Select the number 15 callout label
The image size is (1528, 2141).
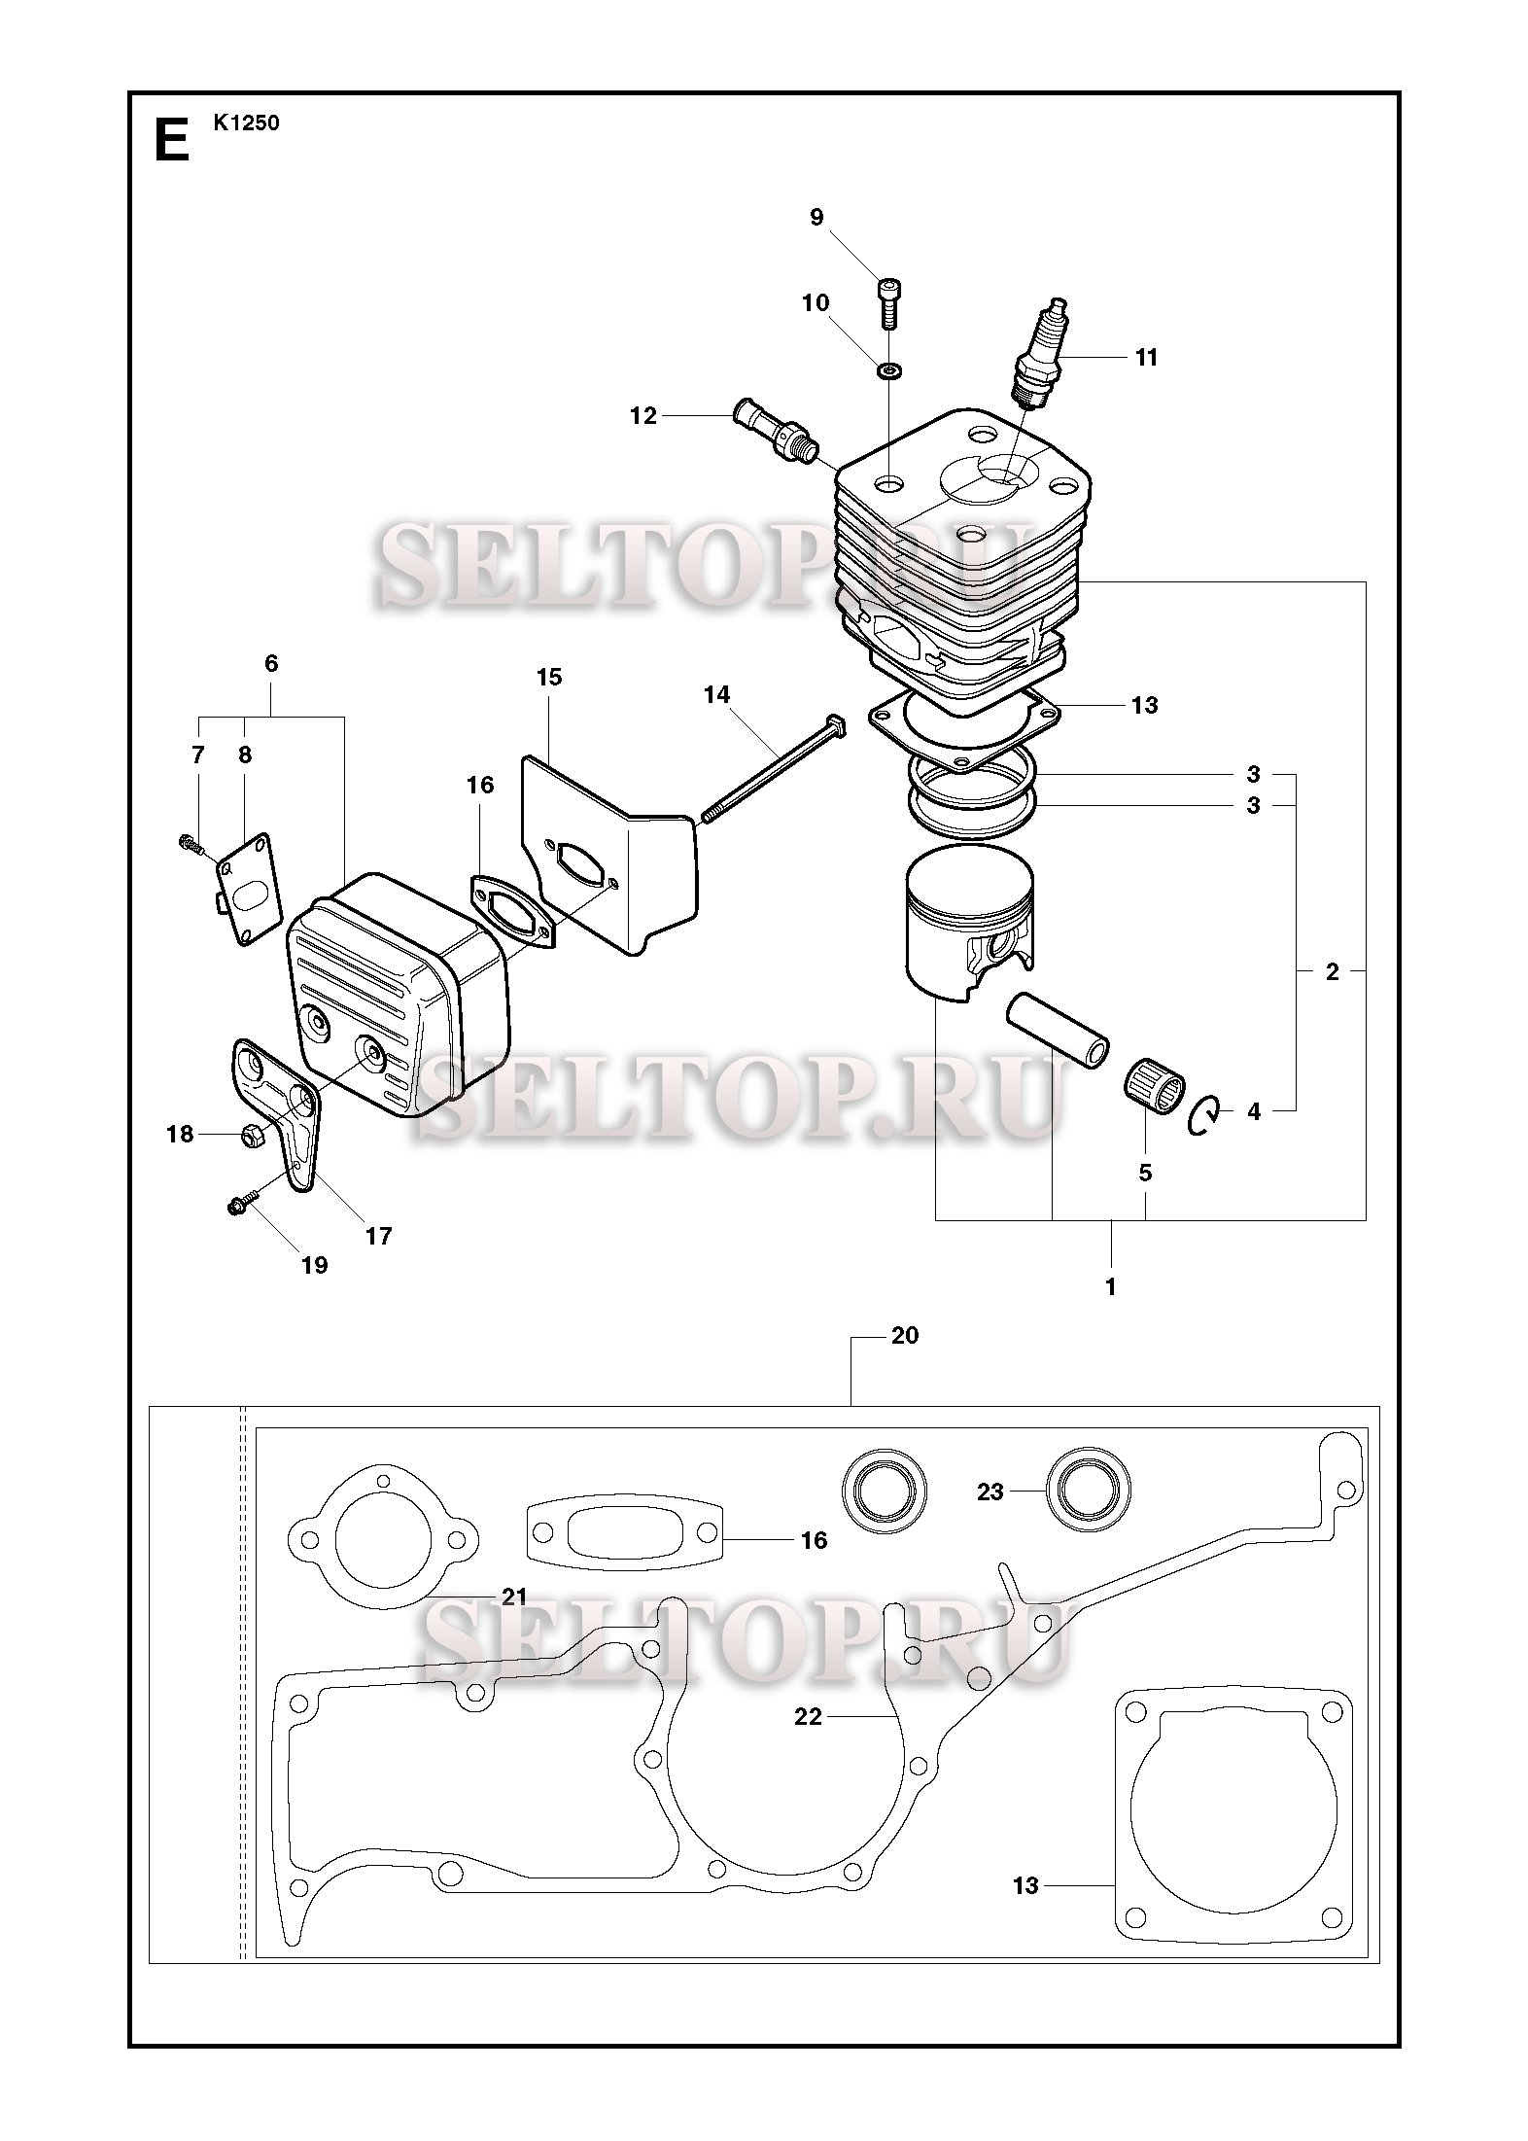coord(549,677)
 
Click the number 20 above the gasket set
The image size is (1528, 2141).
coord(904,1335)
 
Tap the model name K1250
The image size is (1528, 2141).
coord(247,123)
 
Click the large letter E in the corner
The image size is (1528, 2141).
coord(172,140)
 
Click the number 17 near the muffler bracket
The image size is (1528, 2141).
coord(378,1236)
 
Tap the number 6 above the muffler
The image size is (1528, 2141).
coord(271,663)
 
